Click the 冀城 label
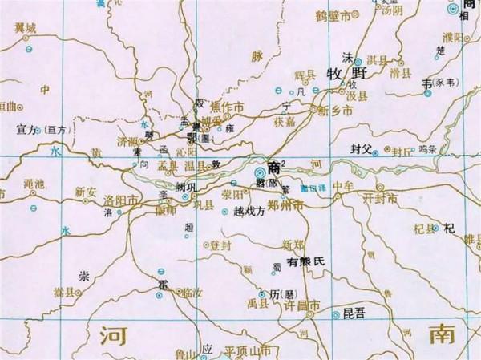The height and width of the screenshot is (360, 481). pos(25,28)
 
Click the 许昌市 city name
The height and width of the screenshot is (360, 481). pos(302,306)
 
